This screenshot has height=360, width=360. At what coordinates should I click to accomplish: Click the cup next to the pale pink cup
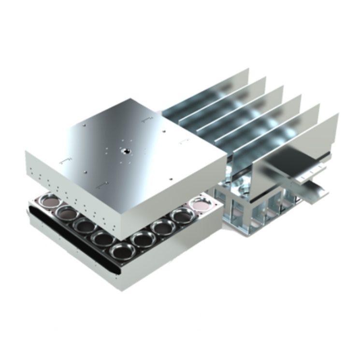coord(181,216)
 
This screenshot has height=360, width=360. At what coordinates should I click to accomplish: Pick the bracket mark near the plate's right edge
coord(184,141)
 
